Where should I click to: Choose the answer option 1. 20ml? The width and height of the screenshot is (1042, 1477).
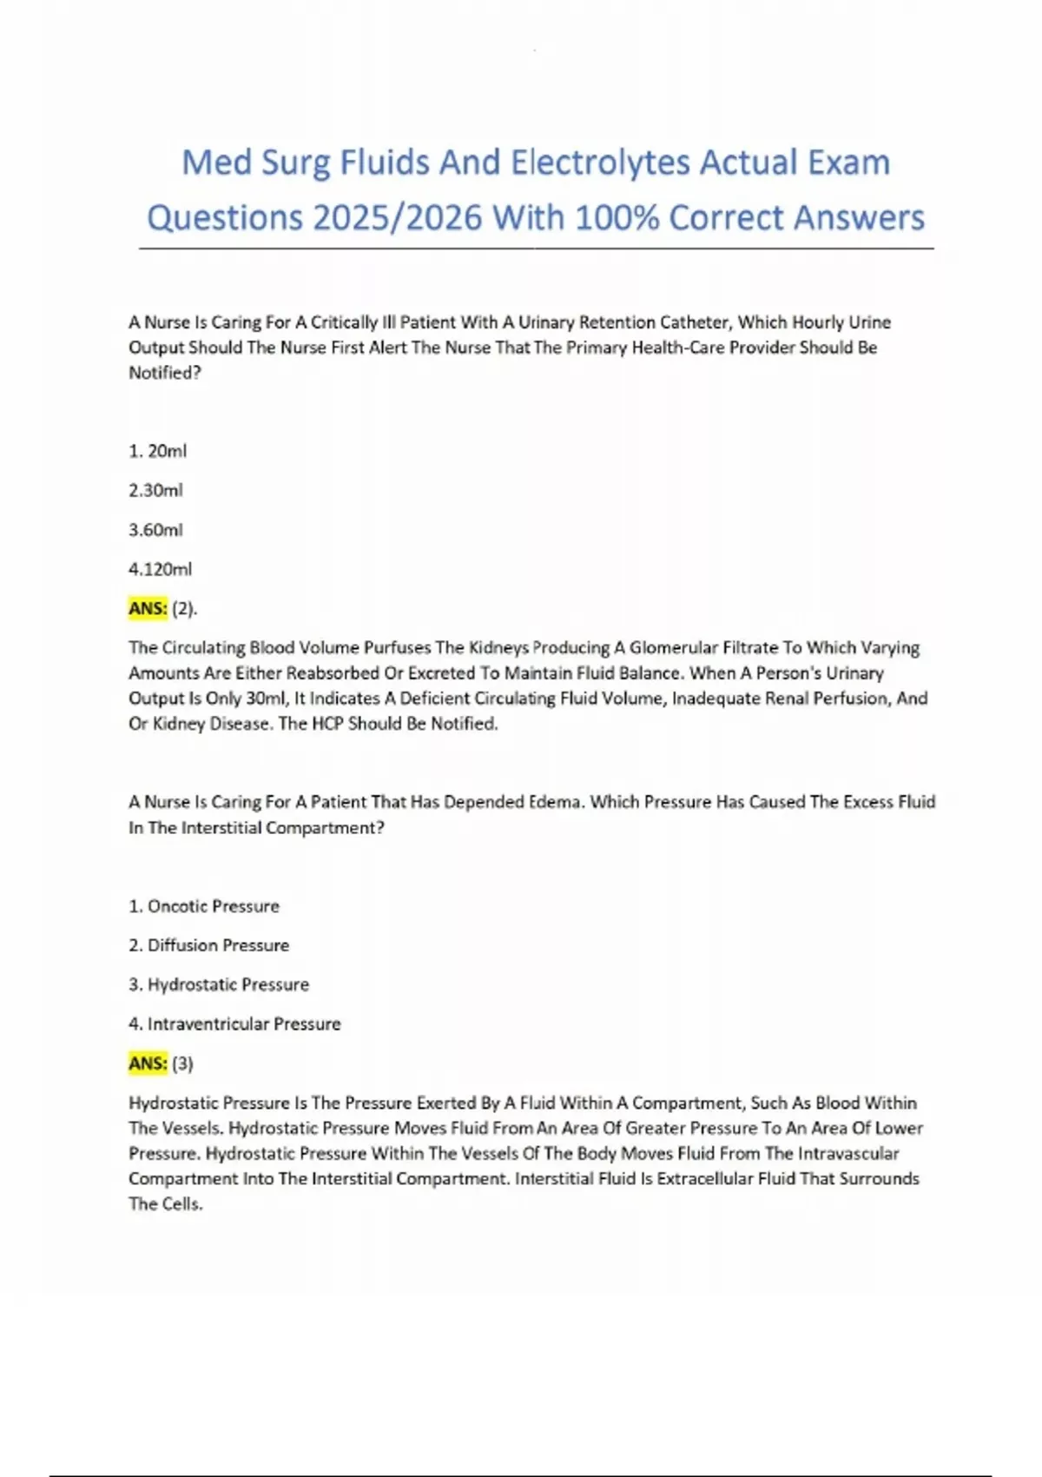click(157, 451)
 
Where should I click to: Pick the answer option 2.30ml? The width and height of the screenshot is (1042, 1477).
click(155, 490)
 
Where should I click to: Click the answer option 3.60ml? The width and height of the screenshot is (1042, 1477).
click(155, 530)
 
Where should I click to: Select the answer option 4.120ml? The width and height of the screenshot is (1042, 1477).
click(160, 569)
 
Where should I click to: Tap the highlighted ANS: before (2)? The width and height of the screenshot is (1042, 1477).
click(148, 608)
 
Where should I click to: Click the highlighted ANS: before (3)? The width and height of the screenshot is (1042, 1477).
click(148, 1063)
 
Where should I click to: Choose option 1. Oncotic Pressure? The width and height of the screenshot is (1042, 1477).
click(204, 906)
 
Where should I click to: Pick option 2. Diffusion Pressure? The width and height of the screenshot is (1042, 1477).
click(208, 945)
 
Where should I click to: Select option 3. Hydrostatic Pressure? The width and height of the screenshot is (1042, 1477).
click(219, 984)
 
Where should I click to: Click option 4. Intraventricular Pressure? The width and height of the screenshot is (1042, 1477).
click(234, 1024)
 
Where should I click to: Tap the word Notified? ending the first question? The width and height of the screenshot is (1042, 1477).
click(165, 373)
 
